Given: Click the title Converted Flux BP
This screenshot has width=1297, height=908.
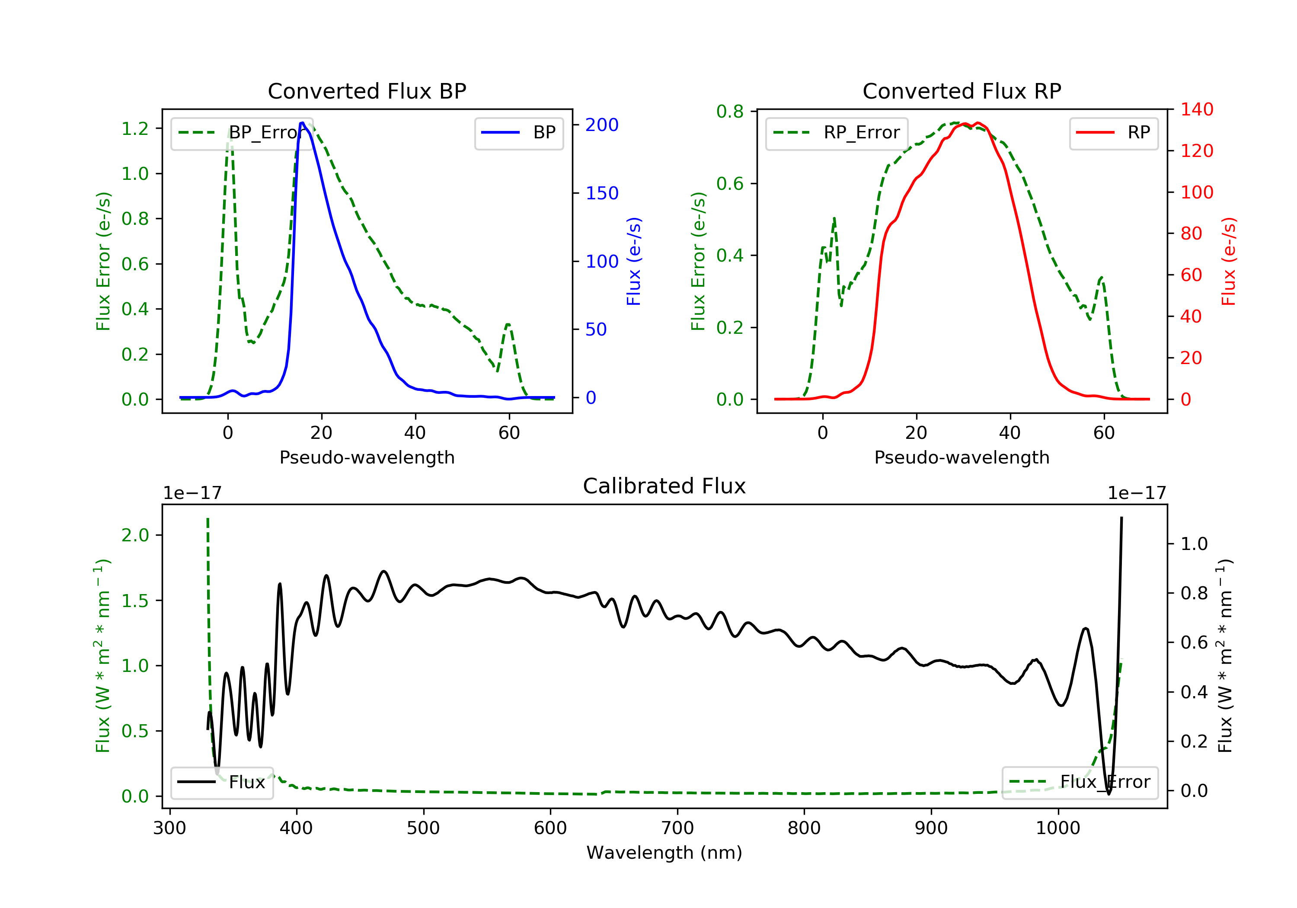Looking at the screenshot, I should [367, 91].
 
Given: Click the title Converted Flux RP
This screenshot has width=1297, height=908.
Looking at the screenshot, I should [962, 91].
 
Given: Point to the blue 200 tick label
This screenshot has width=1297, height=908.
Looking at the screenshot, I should [602, 125].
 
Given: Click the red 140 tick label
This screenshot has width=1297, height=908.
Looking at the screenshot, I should [1196, 110].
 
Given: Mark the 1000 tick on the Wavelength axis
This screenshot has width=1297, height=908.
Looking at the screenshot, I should [1057, 828].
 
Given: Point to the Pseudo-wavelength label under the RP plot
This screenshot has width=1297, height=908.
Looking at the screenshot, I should [962, 457].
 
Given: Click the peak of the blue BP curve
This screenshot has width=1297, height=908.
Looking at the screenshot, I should [302, 123].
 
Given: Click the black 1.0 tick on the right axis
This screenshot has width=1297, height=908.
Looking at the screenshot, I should [1194, 544].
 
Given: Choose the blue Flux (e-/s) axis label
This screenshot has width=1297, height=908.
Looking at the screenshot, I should [634, 262].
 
